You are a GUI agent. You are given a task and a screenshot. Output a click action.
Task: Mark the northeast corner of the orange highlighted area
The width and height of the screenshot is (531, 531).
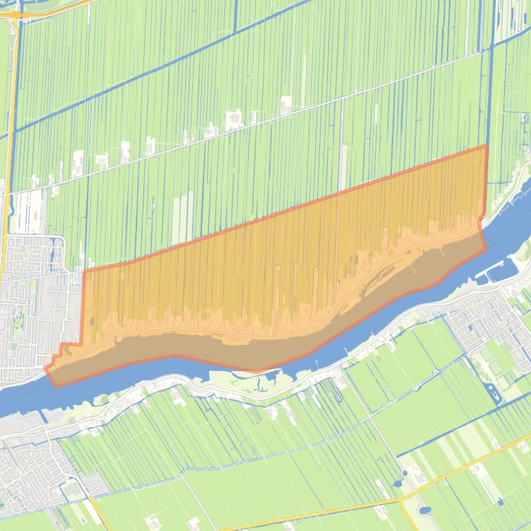click(x=486, y=146)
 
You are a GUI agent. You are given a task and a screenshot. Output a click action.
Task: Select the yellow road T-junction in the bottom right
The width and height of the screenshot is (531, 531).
click(x=412, y=494)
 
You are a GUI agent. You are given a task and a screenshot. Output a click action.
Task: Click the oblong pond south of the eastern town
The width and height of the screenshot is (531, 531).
click(x=493, y=394)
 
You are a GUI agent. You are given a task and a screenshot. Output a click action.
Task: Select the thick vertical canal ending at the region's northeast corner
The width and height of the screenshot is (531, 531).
click(x=491, y=83)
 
